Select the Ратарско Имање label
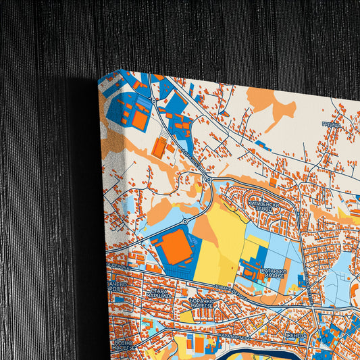[x=273, y=273]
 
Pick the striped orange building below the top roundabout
[x=160, y=147]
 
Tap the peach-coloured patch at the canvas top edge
[x=270, y=101]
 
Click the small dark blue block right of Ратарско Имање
[x=305, y=279]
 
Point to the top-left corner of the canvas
[x=99, y=80]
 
